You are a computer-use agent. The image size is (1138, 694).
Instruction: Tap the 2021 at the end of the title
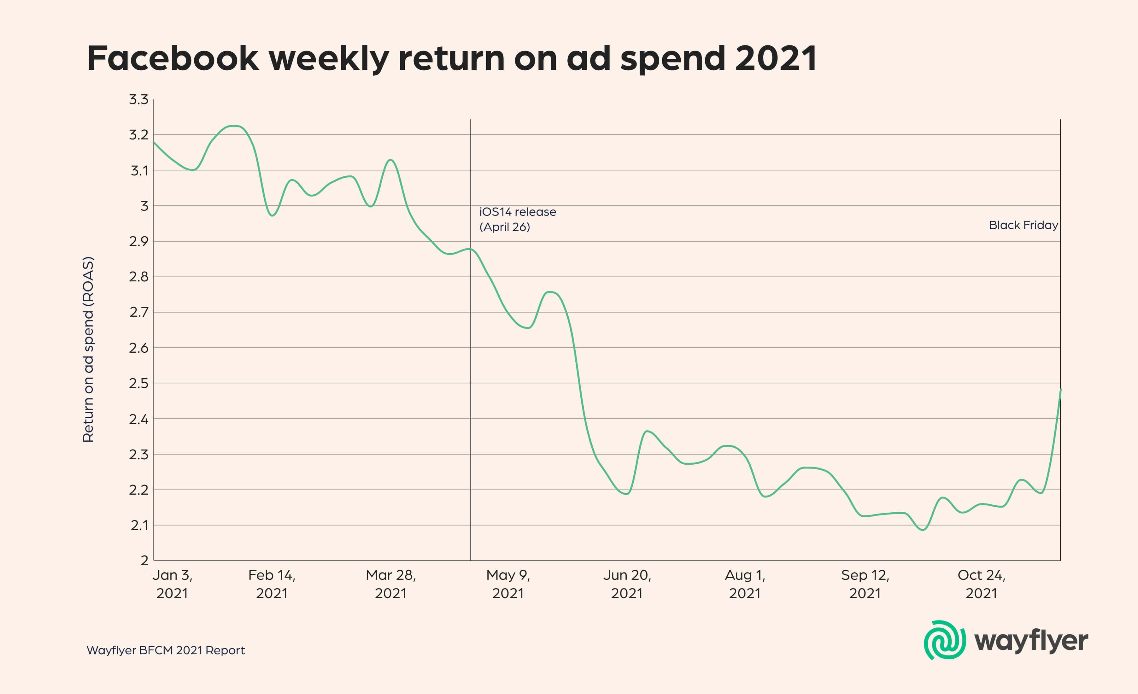click(x=776, y=59)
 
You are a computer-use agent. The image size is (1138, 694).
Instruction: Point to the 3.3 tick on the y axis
click(x=138, y=99)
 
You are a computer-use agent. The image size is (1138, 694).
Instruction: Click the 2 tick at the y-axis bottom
click(x=144, y=561)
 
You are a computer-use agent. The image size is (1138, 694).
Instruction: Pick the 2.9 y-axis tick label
click(x=138, y=241)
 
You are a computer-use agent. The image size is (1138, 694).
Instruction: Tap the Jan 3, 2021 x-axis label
click(x=172, y=584)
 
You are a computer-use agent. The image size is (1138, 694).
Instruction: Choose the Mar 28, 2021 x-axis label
click(x=391, y=584)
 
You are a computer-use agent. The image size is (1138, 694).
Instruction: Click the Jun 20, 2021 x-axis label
click(x=627, y=584)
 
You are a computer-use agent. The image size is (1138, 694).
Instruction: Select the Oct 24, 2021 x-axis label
click(x=982, y=584)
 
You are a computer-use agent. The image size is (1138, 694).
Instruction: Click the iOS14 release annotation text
click(x=517, y=219)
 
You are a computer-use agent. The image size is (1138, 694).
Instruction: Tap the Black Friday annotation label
click(x=1023, y=225)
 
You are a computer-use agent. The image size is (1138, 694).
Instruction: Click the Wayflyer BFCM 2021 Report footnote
click(x=165, y=650)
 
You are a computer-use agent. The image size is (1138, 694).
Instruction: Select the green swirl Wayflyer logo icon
click(x=944, y=640)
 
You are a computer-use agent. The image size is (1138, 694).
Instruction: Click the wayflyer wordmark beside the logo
click(x=1031, y=641)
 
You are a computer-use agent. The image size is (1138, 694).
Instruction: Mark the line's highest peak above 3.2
click(x=235, y=126)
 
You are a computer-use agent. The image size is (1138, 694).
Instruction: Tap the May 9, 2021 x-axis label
click(x=508, y=584)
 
